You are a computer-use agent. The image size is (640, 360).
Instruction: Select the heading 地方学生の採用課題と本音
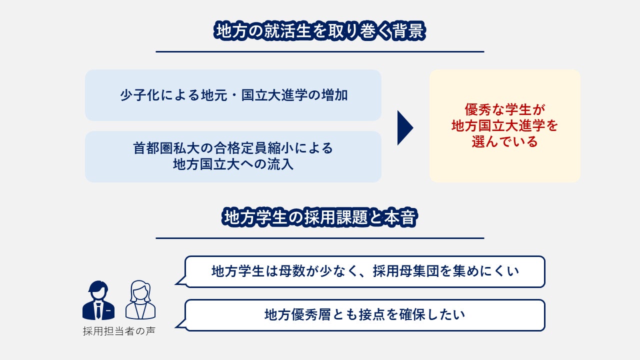tap(320, 218)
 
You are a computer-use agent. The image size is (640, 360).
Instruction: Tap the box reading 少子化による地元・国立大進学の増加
tap(233, 95)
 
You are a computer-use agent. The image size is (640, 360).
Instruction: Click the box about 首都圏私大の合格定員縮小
tap(233, 156)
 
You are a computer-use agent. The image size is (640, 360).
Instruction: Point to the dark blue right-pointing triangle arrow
tap(405, 128)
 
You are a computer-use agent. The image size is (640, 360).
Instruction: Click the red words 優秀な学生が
tap(504, 109)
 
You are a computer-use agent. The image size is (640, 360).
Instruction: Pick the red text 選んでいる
tap(504, 142)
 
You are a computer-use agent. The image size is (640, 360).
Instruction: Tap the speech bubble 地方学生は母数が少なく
tap(364, 271)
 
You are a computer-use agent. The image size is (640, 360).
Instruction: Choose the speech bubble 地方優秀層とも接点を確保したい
tap(364, 315)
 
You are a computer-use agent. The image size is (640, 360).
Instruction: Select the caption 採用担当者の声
tap(119, 331)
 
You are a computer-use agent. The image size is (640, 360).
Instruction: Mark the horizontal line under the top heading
tap(320, 51)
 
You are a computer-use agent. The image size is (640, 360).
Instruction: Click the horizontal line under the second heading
tap(320, 238)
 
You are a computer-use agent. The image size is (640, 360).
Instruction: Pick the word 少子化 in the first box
tap(137, 95)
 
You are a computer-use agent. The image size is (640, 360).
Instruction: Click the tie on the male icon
tap(98, 310)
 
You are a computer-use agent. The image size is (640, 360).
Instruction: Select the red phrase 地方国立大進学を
tap(504, 126)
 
